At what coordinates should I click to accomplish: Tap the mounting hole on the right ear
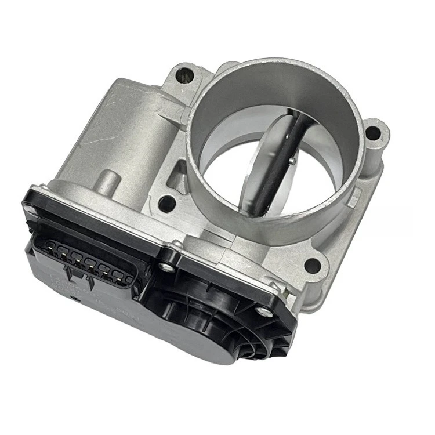[x=374, y=133]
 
